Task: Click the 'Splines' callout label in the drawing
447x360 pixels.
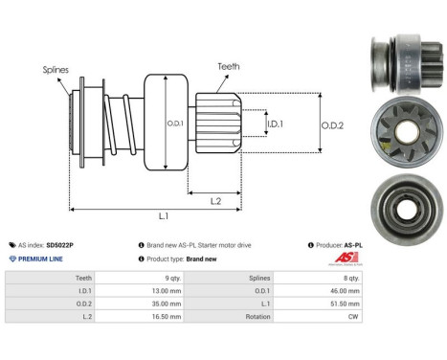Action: [56, 70]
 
